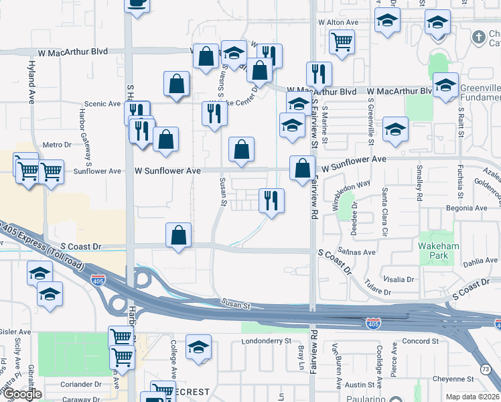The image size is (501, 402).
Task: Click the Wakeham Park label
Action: coord(438,251)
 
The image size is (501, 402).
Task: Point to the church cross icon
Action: coord(479,36)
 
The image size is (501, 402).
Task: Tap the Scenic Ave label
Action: coord(100,105)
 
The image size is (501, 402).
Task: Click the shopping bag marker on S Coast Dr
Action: coord(178,236)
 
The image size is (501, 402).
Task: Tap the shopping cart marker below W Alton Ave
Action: coord(342,42)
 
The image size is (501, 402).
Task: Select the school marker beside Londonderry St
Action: coord(198,348)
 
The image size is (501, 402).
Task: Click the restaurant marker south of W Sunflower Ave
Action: coord(271,201)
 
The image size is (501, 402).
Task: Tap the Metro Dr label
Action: coord(57,145)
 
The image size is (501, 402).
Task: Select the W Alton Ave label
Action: coord(339,22)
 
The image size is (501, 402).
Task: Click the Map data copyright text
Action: coord(473,397)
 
